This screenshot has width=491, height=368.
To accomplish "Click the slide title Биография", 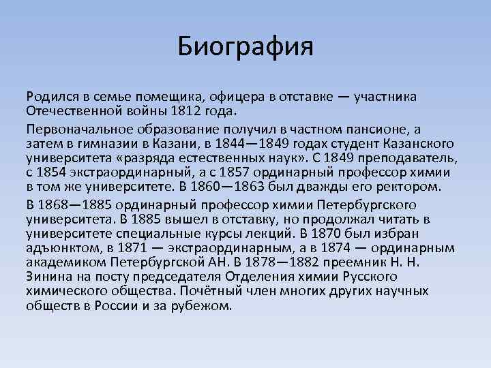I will tap(245, 47).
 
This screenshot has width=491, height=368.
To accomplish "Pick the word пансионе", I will tap(397, 129).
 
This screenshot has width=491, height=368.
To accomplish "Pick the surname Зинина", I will tap(47, 277).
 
